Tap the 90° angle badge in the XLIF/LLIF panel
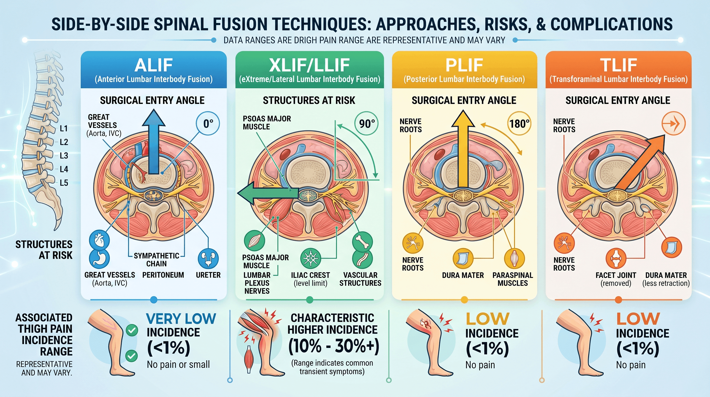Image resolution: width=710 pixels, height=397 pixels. (x=366, y=123)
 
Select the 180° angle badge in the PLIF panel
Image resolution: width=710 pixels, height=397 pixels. (x=519, y=123)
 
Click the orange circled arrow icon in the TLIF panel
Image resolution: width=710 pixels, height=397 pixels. (x=673, y=123)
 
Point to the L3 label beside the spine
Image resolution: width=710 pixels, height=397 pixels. (x=64, y=156)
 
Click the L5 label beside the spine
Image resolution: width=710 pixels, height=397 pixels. (x=64, y=183)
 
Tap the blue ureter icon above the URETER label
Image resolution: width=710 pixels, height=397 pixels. (x=208, y=259)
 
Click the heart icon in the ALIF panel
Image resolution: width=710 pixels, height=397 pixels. (x=99, y=240)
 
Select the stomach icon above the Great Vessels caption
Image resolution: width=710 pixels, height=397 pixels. (x=99, y=259)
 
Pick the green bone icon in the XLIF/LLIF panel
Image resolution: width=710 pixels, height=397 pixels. (x=362, y=242)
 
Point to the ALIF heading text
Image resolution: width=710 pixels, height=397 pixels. (x=154, y=65)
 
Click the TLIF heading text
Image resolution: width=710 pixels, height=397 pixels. (x=618, y=65)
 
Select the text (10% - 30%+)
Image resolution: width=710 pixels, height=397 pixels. (x=334, y=346)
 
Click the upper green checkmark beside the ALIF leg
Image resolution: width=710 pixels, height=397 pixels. (x=132, y=330)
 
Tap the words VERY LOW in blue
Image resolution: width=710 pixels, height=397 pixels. (x=181, y=319)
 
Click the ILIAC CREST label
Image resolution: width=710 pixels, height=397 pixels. (x=310, y=275)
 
